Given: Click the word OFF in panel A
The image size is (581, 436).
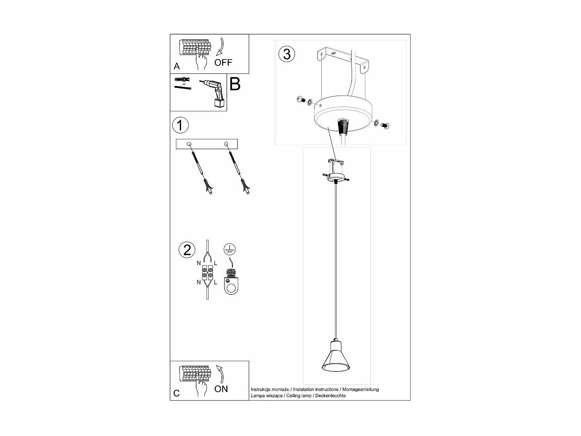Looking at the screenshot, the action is pos(223,62).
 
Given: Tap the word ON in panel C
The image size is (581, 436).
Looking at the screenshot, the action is pos(221,389).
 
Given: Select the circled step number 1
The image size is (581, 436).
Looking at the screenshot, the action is pos(180,126).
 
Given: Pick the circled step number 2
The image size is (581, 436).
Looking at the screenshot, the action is pos(187,250).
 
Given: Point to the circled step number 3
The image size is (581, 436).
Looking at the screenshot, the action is pos(287,54).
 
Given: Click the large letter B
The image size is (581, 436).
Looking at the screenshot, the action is pos(235,84).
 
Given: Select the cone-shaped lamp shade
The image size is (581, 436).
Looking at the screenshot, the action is pos(336,361).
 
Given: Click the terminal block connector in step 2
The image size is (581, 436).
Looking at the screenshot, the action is pos(207,272).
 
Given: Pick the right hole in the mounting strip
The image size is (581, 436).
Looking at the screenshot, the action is pos(225,144).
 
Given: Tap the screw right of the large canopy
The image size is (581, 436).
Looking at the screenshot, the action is pos(386,126).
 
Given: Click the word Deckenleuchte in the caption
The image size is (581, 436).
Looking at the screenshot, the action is pos(331,396).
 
